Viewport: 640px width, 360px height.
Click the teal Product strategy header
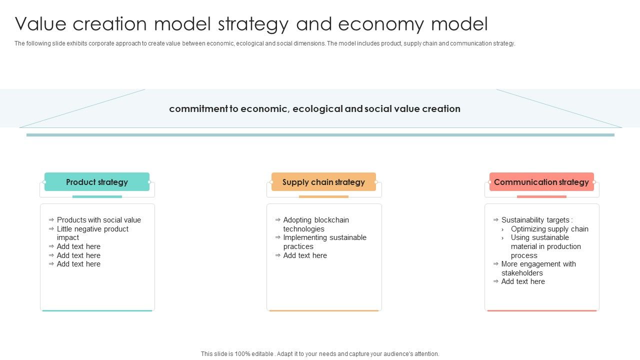point(97,182)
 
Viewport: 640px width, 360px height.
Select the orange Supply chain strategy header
point(323,182)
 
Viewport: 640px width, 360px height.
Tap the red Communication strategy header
point(541,182)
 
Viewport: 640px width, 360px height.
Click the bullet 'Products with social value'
point(99,220)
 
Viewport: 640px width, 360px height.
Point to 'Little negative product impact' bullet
point(92,233)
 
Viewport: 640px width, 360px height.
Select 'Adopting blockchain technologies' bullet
point(316,224)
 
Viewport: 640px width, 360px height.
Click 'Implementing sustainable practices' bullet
point(324,242)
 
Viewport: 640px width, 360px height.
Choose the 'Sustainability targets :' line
point(537,220)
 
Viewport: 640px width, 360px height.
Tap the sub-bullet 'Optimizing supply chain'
point(549,229)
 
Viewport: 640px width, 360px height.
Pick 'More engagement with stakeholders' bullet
point(538,268)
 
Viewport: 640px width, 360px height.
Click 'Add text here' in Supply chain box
point(305,255)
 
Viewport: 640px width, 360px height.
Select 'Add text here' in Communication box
point(523,281)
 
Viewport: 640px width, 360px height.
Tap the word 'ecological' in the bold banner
point(318,109)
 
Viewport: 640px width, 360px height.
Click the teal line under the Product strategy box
point(97,310)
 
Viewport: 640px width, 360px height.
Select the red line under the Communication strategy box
point(541,310)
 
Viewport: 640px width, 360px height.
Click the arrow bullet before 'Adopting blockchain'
point(277,220)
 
